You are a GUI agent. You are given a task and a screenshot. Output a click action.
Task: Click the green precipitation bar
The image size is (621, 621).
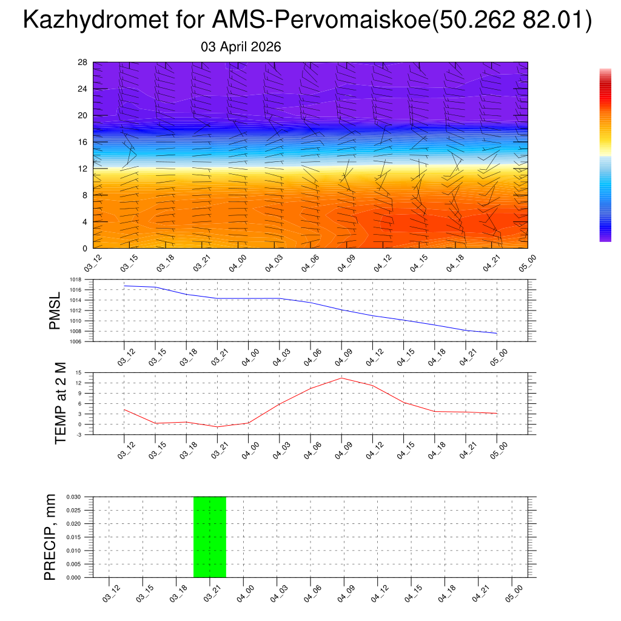coord(210,537)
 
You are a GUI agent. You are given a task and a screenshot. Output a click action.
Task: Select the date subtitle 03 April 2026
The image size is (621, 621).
coord(241,47)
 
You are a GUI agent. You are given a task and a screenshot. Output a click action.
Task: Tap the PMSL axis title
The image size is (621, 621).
coord(55,311)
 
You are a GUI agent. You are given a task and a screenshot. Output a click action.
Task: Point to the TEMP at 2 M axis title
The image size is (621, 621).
coord(60,403)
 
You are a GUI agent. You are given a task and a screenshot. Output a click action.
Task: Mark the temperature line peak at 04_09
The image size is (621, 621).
coord(341,378)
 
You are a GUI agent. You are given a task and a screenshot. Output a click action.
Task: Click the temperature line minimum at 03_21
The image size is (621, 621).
coord(218,427)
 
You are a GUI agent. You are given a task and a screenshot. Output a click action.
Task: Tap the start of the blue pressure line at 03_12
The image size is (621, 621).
coord(124,286)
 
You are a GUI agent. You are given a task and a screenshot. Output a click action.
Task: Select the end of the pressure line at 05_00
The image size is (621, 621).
coord(497,334)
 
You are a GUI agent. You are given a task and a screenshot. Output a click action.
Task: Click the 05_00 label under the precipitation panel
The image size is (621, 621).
coord(514,592)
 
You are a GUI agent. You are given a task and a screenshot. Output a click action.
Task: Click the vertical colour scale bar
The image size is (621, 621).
coord(605,155)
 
